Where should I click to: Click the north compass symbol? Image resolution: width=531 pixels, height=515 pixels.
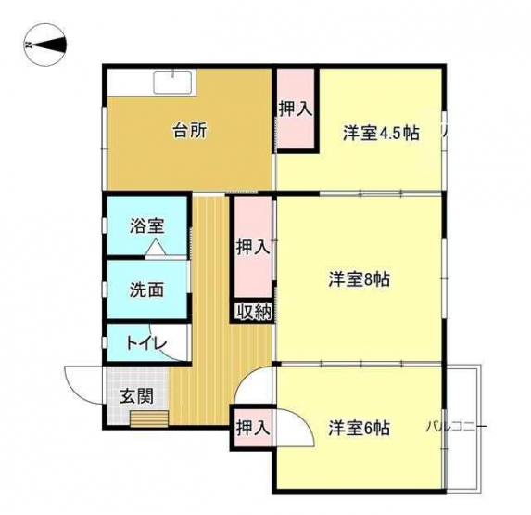(x=44, y=45)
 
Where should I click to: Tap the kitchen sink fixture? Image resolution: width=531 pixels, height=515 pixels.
(x=174, y=82)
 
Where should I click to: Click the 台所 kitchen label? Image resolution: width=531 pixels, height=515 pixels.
(x=190, y=131)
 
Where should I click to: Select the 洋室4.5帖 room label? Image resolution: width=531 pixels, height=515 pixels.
(x=381, y=134)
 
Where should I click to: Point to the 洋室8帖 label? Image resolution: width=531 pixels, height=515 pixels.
(x=359, y=279)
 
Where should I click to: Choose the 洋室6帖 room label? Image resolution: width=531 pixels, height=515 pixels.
(x=359, y=428)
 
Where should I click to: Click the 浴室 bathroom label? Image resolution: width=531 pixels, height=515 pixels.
(x=147, y=226)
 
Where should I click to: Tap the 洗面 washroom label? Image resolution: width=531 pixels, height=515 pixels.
(x=147, y=290)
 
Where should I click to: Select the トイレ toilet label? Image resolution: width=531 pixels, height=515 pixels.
(x=146, y=343)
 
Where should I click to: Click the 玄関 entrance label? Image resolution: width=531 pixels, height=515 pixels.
(x=137, y=396)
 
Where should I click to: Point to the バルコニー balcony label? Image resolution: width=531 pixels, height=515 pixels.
(x=457, y=427)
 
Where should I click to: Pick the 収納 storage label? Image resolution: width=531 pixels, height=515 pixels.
(x=254, y=312)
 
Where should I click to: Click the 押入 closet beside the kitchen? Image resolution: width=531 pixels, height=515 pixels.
(x=296, y=109)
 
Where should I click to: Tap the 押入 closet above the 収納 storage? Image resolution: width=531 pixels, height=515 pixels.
(x=253, y=247)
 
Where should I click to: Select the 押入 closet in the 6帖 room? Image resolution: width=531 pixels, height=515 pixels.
(x=253, y=428)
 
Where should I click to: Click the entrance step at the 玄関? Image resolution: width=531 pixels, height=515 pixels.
(x=150, y=419)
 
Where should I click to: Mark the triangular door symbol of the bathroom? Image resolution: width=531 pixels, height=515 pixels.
(x=156, y=247)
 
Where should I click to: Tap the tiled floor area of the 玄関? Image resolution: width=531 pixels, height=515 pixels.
(x=137, y=396)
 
